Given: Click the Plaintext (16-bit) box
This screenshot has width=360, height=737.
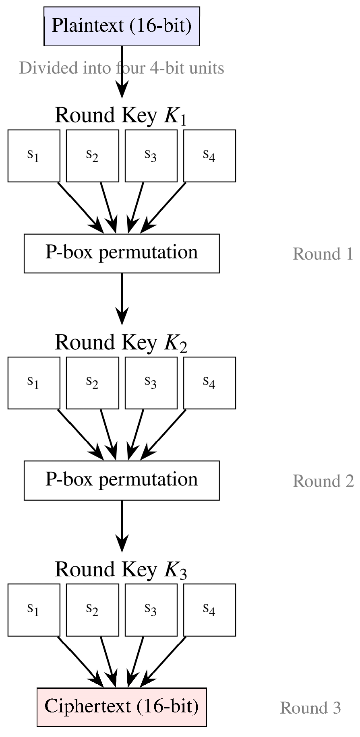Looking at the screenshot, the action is click(122, 26).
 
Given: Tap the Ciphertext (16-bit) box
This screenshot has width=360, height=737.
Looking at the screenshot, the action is click(122, 707).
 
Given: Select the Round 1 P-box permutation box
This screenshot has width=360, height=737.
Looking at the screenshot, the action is click(122, 253).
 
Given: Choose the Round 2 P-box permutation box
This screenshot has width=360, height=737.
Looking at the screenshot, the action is click(122, 481).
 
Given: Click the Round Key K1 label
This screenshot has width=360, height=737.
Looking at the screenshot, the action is click(121, 116).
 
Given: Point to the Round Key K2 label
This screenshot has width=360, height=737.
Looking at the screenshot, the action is click(121, 343).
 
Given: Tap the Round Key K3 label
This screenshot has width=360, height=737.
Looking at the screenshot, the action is click(121, 570).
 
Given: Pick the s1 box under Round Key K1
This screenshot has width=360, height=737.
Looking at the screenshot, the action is click(34, 156).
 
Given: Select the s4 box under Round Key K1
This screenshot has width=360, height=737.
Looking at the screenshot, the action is click(210, 156).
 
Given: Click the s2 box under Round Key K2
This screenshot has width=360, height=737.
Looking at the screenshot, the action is click(93, 383).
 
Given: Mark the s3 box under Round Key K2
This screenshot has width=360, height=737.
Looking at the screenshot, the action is click(151, 383).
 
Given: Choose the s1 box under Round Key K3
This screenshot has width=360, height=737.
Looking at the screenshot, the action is click(34, 610).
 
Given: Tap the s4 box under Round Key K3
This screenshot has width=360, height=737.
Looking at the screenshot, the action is click(210, 610).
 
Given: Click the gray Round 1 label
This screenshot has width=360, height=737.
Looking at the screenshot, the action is click(323, 254).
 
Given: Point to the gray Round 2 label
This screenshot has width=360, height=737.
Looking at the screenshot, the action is click(323, 481).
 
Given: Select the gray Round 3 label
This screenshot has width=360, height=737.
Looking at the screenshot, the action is click(310, 708).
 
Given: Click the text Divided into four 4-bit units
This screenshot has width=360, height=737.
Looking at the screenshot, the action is click(122, 68).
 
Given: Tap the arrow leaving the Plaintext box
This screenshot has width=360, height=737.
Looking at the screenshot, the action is click(122, 72).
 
